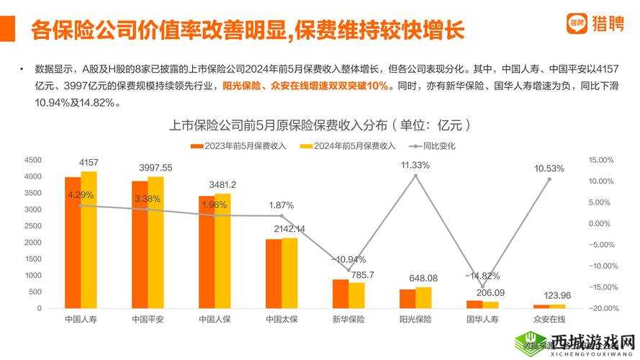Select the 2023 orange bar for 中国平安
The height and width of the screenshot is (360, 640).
pyautogui.click(x=140, y=244)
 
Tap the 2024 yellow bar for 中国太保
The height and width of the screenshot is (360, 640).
pyautogui.click(x=289, y=273)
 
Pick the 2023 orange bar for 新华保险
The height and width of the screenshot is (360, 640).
pyautogui.click(x=340, y=294)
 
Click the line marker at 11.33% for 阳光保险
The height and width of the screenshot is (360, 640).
pyautogui.click(x=415, y=176)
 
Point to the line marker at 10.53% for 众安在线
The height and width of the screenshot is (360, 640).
pyautogui.click(x=549, y=179)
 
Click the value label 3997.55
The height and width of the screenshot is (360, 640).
pyautogui.click(x=156, y=168)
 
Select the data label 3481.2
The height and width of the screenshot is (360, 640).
pyautogui.click(x=222, y=184)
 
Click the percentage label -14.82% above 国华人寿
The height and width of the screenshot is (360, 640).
pyautogui.click(x=482, y=276)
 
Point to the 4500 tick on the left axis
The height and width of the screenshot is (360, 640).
pyautogui.click(x=33, y=160)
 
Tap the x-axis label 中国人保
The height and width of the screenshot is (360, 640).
pyautogui.click(x=215, y=319)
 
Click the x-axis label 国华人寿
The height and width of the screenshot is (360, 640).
pyautogui.click(x=482, y=319)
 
